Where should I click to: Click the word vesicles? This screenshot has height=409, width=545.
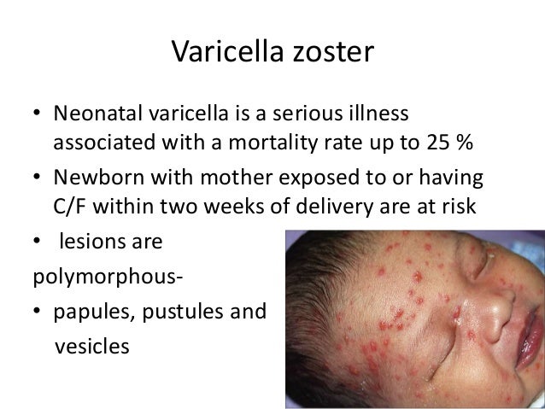92,347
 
